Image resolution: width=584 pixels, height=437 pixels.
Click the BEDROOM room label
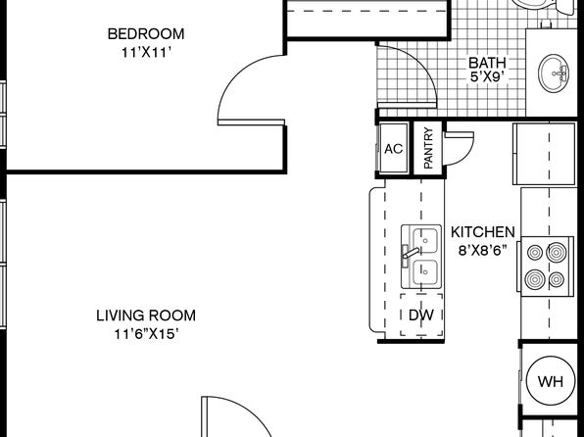point(146,34)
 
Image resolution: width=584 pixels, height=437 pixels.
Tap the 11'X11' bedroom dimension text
point(146,53)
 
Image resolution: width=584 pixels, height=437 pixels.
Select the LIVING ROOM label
point(146,316)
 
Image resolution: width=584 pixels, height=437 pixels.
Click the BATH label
point(487,62)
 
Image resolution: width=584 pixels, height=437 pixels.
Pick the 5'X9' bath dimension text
point(487,76)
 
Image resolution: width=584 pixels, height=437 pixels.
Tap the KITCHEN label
point(483,232)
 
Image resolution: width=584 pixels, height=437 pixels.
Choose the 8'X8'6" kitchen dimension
point(483,251)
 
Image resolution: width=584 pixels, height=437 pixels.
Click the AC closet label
point(394,149)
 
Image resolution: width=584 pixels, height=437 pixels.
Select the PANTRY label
point(428,148)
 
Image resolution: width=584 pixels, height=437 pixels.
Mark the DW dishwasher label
point(421,316)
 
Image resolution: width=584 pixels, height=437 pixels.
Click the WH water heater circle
point(551,381)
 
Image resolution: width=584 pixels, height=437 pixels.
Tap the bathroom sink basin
point(554,73)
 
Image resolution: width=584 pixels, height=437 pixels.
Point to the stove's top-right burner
point(557,253)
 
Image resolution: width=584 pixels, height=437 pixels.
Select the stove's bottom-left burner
point(535,279)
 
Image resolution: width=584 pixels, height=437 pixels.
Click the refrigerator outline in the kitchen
point(544,154)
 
